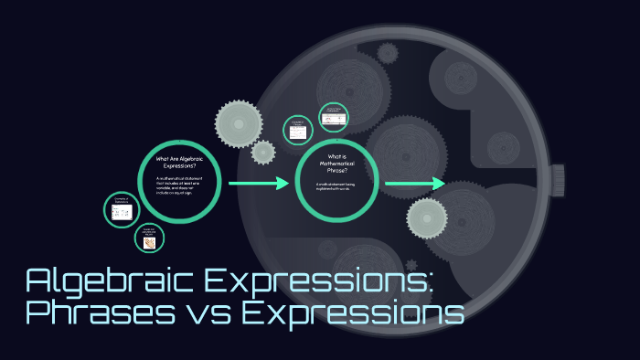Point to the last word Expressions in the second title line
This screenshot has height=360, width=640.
(353, 313)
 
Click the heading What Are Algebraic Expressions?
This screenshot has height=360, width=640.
(182, 163)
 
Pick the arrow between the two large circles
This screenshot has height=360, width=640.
(260, 184)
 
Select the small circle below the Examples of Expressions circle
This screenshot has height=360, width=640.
(150, 239)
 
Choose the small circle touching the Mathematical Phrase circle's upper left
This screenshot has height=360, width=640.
(298, 130)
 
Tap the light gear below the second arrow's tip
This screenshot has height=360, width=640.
(427, 216)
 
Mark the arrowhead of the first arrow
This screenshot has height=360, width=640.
(283, 184)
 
